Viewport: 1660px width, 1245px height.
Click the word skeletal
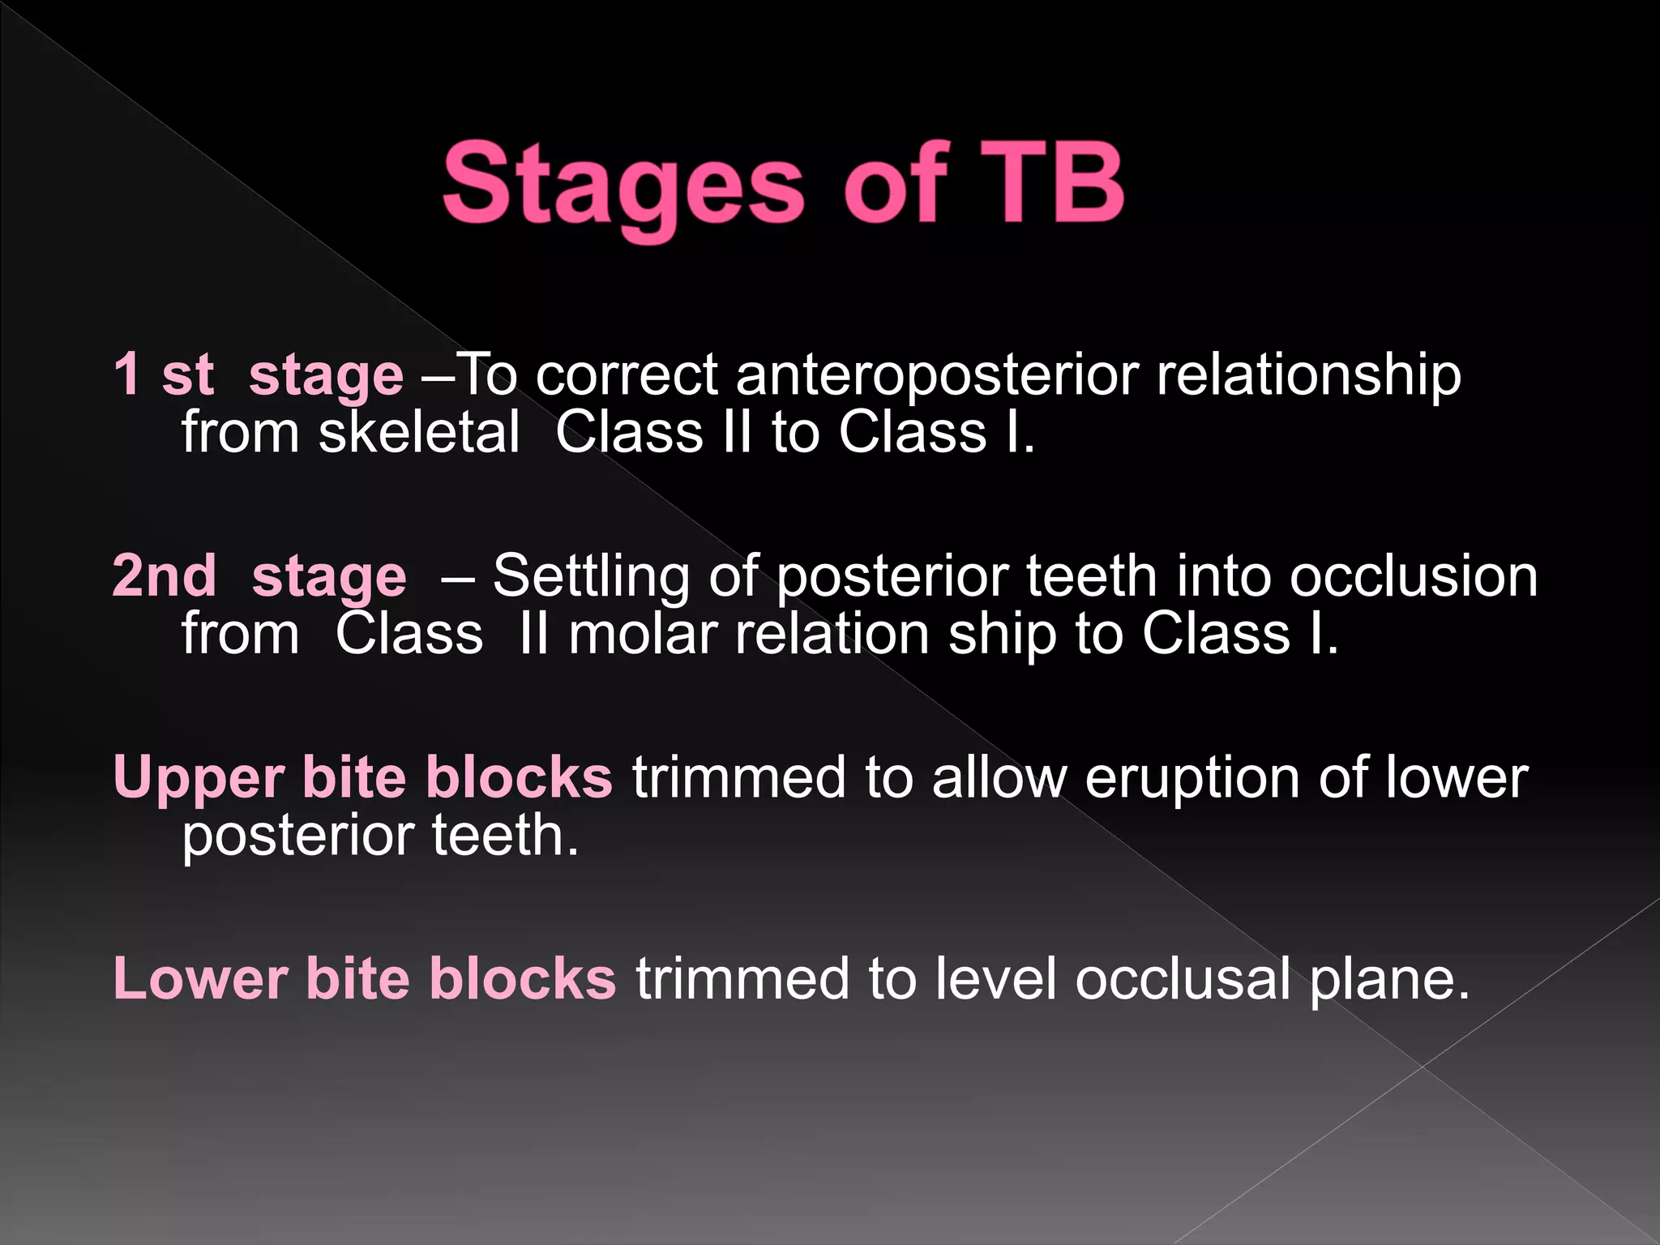pyautogui.click(x=418, y=431)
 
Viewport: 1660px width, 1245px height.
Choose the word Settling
pyautogui.click(x=591, y=577)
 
